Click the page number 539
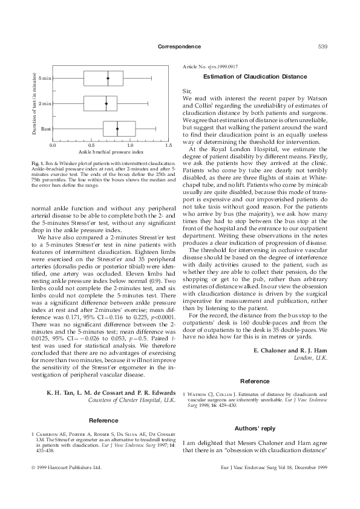point(322,47)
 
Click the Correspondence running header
point(179,47)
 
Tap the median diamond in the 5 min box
point(108,78)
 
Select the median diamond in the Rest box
point(117,129)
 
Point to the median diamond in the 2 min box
point(106,103)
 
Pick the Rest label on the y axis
point(46,129)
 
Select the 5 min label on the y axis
point(44,78)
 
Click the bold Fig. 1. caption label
point(38,163)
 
